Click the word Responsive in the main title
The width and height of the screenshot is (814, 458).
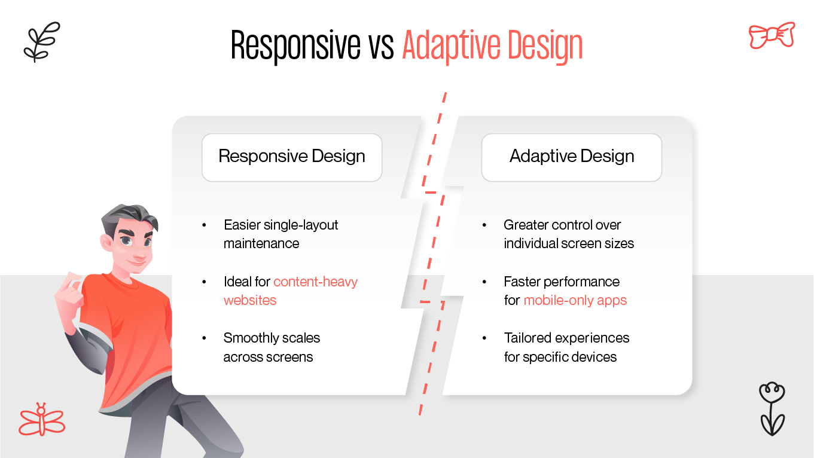295,45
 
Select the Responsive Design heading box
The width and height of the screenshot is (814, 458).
292,157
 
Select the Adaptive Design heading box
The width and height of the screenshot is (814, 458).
571,157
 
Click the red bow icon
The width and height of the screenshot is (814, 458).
772,35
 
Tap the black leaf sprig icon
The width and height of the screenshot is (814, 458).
41,42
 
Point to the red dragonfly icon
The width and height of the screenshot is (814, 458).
41,420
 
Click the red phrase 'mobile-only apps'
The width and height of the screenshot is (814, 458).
575,300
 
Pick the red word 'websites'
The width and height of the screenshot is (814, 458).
250,300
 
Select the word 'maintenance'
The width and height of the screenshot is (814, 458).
261,243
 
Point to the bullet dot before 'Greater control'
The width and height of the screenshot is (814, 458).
484,225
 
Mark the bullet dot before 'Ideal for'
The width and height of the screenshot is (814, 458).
204,282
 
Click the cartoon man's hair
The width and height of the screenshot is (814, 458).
130,215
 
